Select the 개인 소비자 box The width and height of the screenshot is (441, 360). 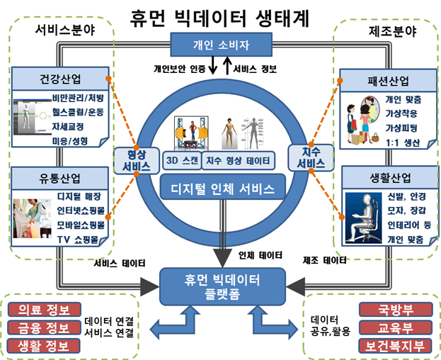(x=222, y=46)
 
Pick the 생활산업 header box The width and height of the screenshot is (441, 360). (x=383, y=175)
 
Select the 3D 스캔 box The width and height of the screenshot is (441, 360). (x=181, y=160)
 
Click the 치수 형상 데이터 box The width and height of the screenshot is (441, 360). (x=239, y=160)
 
